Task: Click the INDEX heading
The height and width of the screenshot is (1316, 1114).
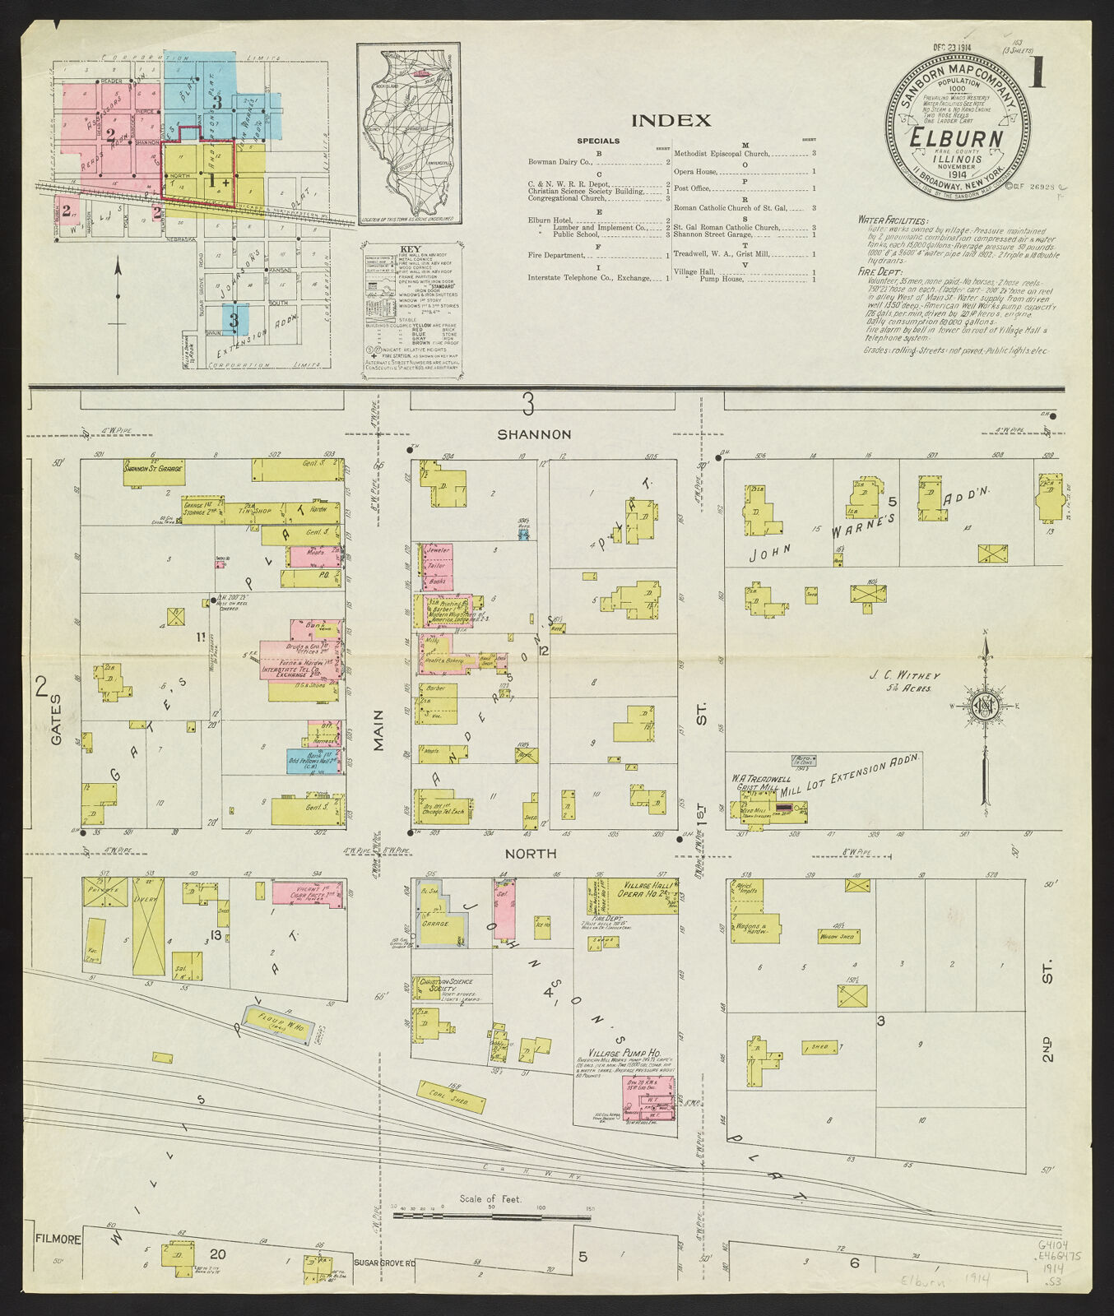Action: click(671, 121)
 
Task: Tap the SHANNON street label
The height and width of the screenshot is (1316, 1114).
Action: click(532, 434)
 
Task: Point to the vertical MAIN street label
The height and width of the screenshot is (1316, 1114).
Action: click(378, 730)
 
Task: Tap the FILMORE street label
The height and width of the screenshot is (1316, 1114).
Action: click(58, 1239)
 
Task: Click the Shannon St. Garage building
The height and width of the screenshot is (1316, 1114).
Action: click(153, 472)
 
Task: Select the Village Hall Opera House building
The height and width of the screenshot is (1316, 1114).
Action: click(650, 892)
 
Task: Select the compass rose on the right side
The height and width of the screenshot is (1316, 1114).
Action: click(984, 706)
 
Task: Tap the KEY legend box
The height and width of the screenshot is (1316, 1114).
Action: click(411, 310)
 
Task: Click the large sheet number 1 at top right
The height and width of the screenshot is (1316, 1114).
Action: click(1037, 73)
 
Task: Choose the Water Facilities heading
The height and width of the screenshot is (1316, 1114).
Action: click(892, 220)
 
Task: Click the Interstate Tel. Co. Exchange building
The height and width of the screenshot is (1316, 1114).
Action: click(296, 671)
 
